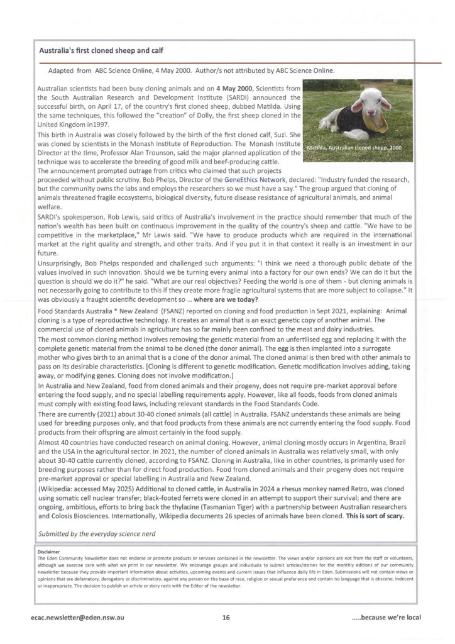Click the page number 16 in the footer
tap(226, 618)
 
